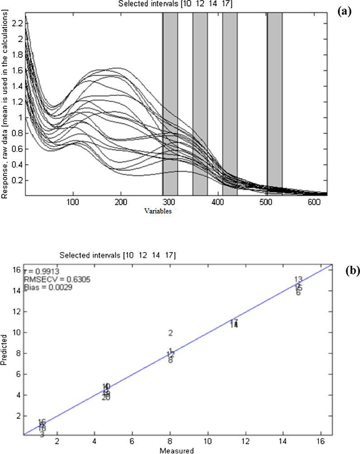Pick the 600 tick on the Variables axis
tap(312, 203)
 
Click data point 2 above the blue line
tap(171, 333)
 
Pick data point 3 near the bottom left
tap(42, 435)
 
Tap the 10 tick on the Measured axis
tap(208, 442)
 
